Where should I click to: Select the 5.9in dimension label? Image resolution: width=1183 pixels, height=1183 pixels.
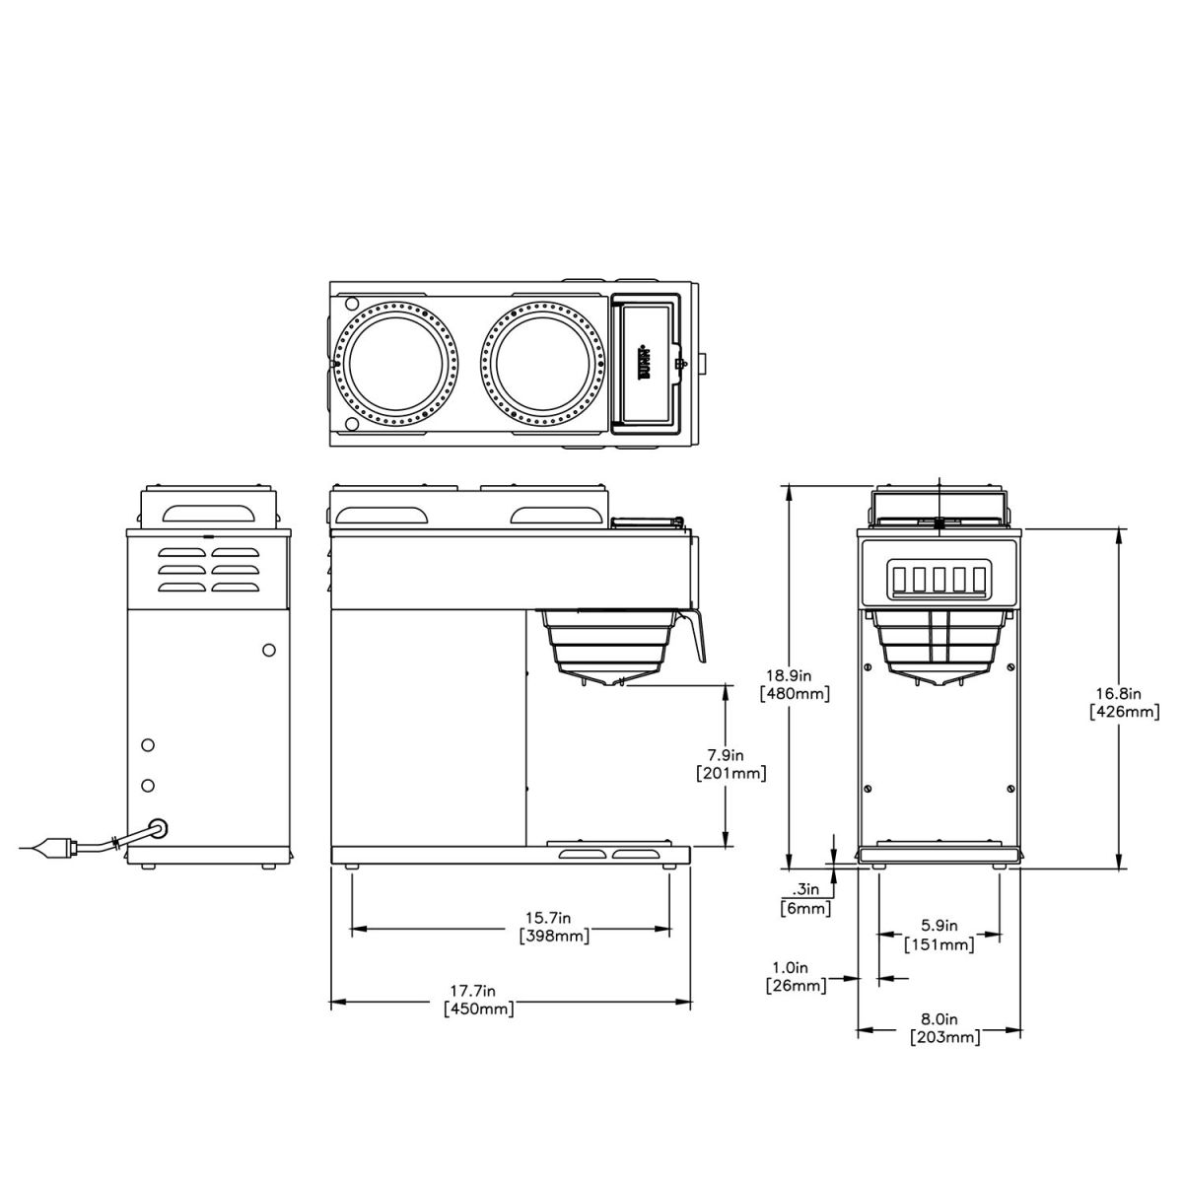point(939,927)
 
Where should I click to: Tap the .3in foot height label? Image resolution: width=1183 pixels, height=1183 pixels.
point(805,889)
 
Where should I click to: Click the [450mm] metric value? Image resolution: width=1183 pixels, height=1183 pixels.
point(478,1009)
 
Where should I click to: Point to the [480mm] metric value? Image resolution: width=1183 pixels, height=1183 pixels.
point(795,693)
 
